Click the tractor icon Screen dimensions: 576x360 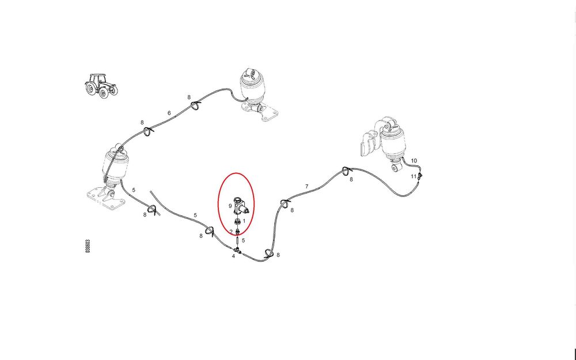(101, 86)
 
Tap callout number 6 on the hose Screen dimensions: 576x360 (169, 113)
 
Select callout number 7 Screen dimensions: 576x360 (307, 187)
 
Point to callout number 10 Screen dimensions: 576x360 (414, 161)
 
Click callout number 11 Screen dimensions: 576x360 (414, 176)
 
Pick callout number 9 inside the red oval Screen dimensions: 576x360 (230, 206)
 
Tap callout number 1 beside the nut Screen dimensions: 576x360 (244, 222)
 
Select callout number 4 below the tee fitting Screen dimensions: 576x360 (233, 256)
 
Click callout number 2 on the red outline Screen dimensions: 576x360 (231, 232)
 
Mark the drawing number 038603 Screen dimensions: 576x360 (88, 246)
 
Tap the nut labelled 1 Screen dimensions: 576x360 (238, 222)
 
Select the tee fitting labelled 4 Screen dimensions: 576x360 (237, 251)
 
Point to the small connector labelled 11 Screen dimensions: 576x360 (420, 176)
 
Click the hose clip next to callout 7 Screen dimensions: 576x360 (285, 203)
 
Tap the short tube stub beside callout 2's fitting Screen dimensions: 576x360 (238, 241)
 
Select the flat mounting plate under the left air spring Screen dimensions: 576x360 (105, 198)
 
